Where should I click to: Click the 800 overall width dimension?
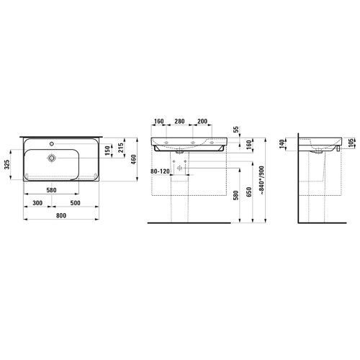[61, 215]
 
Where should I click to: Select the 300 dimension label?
[37, 203]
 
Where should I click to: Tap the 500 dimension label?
[75, 203]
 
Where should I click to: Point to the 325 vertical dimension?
[7, 164]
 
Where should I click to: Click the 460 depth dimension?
[133, 159]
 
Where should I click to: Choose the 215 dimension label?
[121, 148]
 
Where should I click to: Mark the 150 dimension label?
[107, 150]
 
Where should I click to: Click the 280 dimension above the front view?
[179, 121]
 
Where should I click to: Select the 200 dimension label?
[202, 121]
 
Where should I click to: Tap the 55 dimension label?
[236, 130]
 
